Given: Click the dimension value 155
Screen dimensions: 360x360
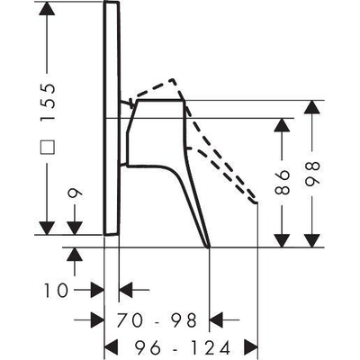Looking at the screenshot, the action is tap(48, 102).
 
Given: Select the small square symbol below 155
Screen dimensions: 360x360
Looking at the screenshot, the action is tap(48, 147).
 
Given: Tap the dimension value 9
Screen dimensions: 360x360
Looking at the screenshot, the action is tap(75, 193).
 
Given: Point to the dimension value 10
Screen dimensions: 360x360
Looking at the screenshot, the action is tap(56, 291).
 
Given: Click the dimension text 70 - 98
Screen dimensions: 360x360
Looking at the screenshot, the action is tap(157, 319).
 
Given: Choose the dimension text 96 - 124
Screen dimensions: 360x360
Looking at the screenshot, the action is tap(183, 348).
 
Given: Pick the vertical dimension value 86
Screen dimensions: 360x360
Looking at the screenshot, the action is tap(282, 182).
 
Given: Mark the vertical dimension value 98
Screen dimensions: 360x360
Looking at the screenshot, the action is tap(312, 174).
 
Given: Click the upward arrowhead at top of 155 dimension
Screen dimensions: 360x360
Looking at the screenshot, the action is tap(47, 8).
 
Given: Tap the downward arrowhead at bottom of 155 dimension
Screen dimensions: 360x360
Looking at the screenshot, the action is tap(47, 229).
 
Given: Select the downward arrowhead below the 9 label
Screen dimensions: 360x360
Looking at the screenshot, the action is tap(75, 229).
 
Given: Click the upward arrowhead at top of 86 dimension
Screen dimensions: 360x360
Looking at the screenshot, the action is tap(282, 125).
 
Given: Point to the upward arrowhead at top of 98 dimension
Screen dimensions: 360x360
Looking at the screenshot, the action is tap(312, 107).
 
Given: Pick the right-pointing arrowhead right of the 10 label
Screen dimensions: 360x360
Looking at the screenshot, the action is tap(97, 290).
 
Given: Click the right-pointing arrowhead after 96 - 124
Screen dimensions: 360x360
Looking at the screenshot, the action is tap(251, 347).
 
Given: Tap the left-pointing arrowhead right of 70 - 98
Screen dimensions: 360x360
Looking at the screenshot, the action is tap(216, 319).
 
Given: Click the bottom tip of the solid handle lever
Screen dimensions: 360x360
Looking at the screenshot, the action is tap(208, 247).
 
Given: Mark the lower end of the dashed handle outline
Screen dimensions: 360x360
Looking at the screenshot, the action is tap(256, 202).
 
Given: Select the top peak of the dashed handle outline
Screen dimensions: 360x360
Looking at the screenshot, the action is tap(173, 80).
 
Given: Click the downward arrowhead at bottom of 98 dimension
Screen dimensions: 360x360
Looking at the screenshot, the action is tap(312, 241).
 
